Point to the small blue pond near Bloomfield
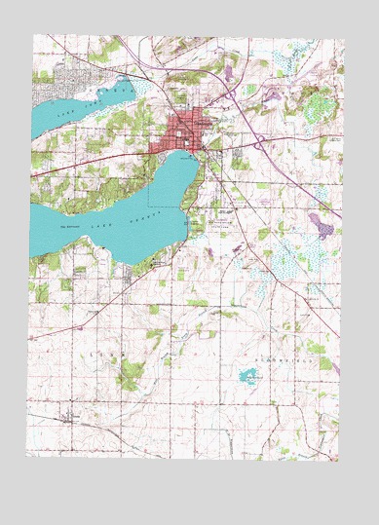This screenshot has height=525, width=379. [x=247, y=376]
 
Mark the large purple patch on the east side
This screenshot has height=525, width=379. [x=321, y=226]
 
